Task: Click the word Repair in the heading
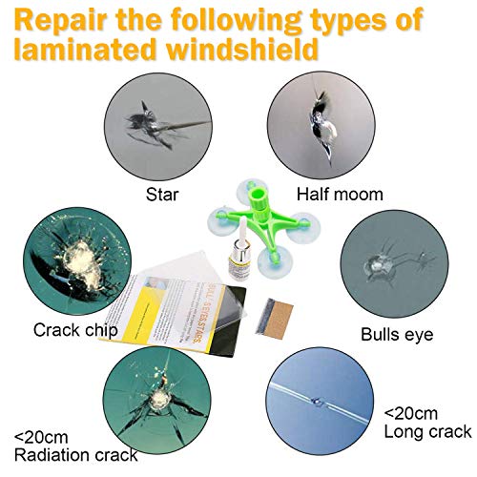click(x=60, y=20)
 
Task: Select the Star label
click(x=162, y=195)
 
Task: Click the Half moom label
click(x=340, y=195)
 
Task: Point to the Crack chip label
click(x=75, y=330)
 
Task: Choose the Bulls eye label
click(x=397, y=335)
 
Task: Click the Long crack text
click(x=427, y=432)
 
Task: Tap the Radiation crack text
click(x=76, y=455)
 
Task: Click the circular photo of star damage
click(x=158, y=127)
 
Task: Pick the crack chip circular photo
click(x=77, y=261)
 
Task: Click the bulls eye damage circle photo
click(x=394, y=264)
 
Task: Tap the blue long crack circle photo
click(x=321, y=402)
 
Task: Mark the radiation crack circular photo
click(x=156, y=401)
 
